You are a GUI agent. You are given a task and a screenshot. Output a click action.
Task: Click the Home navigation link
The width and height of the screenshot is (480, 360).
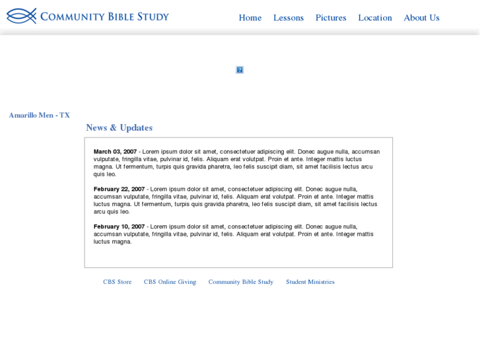[250, 18]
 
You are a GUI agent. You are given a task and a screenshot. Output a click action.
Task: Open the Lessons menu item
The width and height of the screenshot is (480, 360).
[289, 18]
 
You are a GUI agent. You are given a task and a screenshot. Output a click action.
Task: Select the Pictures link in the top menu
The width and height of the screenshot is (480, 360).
[331, 18]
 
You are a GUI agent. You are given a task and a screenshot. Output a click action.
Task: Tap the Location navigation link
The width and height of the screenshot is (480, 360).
[375, 18]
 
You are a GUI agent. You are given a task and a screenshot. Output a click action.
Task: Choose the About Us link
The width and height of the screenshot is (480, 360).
[421, 18]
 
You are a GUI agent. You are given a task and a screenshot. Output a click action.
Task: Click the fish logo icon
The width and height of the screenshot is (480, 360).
[21, 16]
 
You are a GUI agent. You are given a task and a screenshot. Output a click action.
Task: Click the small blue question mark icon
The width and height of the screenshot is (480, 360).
[240, 70]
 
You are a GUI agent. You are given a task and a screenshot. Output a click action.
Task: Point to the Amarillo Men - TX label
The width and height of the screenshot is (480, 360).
[39, 115]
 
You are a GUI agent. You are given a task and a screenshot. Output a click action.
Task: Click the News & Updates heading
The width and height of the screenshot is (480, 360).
[119, 127]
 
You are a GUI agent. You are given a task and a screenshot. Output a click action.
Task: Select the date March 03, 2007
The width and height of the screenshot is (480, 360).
[115, 152]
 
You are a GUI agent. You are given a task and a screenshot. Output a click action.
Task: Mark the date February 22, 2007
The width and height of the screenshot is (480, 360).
[119, 190]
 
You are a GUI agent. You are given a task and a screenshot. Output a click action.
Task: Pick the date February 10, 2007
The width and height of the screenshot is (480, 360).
[119, 227]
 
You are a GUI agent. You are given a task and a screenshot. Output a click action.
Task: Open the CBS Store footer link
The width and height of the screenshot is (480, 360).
[117, 282]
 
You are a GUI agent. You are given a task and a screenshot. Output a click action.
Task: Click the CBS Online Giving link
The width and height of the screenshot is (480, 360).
[170, 282]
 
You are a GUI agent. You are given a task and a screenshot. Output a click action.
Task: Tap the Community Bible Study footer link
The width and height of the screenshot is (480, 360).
[240, 282]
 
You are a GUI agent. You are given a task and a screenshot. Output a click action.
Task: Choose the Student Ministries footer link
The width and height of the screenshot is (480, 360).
[310, 282]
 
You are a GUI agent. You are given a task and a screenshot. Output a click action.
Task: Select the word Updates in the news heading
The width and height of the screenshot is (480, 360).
[136, 127]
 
